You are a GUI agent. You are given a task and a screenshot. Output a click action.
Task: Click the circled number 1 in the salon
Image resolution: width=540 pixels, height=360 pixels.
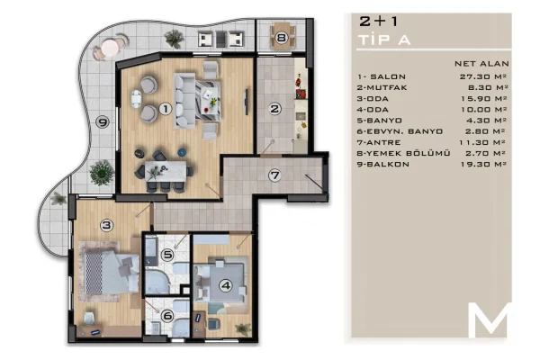165,109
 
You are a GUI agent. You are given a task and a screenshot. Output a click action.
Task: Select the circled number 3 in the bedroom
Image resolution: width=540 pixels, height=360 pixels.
106,225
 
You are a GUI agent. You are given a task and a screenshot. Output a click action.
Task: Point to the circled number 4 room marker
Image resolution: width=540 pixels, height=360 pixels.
226,286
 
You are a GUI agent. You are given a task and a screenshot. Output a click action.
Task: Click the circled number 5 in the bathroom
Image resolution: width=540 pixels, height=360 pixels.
167,255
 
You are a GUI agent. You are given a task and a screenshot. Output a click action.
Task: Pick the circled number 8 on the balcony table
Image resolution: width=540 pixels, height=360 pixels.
282,38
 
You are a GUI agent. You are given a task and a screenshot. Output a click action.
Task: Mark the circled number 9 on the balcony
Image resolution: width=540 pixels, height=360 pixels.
103,123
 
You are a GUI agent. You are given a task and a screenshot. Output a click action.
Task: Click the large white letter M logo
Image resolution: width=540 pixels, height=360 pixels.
490,319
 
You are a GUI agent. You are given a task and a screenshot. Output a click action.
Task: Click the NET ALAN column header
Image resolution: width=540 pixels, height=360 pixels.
483,65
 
